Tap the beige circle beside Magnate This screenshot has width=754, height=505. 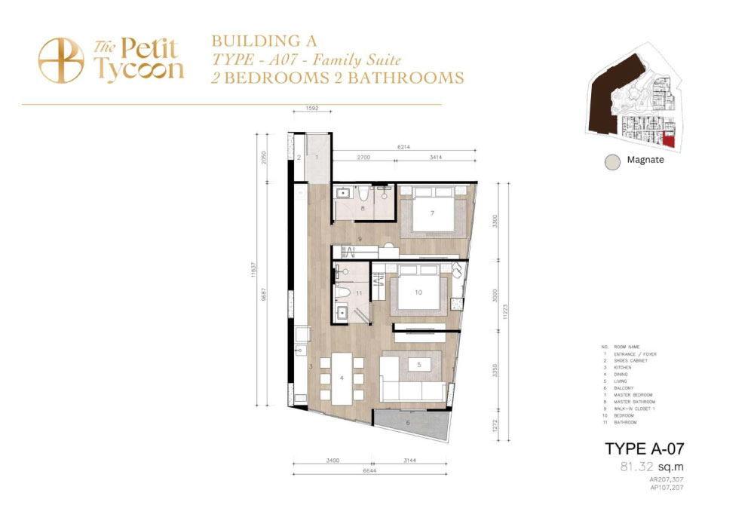pos(613,161)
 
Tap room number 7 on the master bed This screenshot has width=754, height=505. pos(432,214)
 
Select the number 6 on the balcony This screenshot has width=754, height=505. pos(409,423)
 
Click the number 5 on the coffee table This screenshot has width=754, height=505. pos(420,365)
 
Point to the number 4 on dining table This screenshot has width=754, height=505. pos(342,378)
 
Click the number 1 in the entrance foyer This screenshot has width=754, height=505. pos(317,158)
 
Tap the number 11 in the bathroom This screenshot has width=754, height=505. pos(360,292)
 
